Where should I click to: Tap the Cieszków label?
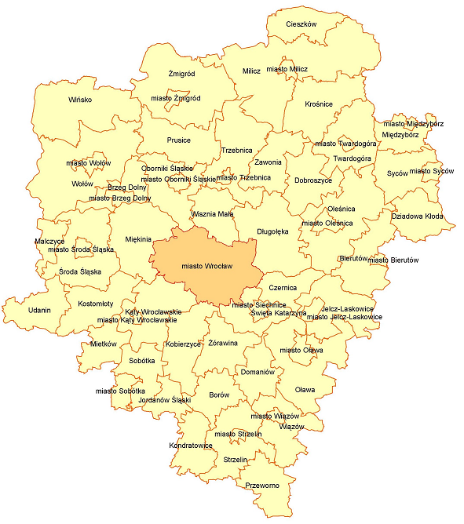(x=301, y=24)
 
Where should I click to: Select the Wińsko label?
(x=80, y=100)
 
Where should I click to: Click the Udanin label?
(x=39, y=310)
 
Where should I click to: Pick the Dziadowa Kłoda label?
(x=417, y=216)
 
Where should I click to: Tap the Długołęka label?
(x=272, y=231)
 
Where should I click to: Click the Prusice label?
(x=179, y=140)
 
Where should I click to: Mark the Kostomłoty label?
(x=96, y=303)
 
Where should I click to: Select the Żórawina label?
(x=223, y=344)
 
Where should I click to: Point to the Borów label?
(x=219, y=395)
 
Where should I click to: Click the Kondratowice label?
(x=191, y=446)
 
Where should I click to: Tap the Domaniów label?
(x=258, y=372)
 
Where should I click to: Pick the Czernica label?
(x=283, y=287)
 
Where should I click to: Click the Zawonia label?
(x=268, y=162)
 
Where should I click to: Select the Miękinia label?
(x=138, y=239)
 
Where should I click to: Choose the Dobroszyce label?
(x=313, y=180)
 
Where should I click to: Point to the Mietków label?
(x=103, y=344)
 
